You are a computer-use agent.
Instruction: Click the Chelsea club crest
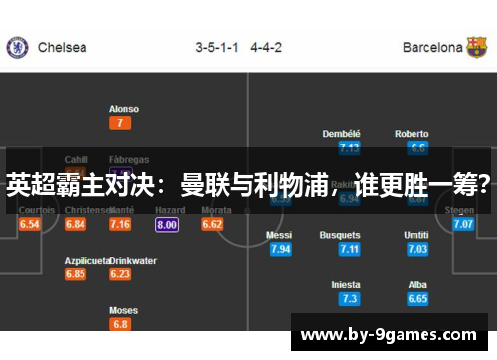pyautogui.click(x=17, y=47)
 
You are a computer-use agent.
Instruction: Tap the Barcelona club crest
pyautogui.click(x=477, y=47)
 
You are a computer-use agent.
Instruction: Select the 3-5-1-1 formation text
pyautogui.click(x=217, y=47)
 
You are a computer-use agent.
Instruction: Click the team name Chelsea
pyautogui.click(x=62, y=47)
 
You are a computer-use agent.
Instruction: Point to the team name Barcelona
pyautogui.click(x=432, y=47)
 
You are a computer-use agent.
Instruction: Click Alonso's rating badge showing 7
pyautogui.click(x=121, y=123)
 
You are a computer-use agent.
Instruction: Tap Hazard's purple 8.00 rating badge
pyautogui.click(x=167, y=225)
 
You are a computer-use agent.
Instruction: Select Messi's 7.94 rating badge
pyautogui.click(x=280, y=249)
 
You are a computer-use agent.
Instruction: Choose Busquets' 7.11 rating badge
pyautogui.click(x=348, y=249)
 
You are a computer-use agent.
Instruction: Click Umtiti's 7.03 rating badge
pyautogui.click(x=417, y=249)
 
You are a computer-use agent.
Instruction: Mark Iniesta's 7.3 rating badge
pyautogui.click(x=348, y=298)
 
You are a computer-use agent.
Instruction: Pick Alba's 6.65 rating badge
pyautogui.click(x=417, y=298)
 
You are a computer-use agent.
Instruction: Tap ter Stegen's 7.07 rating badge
pyautogui.click(x=463, y=225)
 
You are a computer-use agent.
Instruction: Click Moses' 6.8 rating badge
pyautogui.click(x=121, y=324)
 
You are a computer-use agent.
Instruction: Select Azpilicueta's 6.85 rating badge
pyautogui.click(x=75, y=274)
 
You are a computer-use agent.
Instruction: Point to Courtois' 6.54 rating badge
pyautogui.click(x=29, y=225)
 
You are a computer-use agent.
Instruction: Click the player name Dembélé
pyautogui.click(x=342, y=134)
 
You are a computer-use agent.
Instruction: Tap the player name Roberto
pyautogui.click(x=412, y=134)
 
